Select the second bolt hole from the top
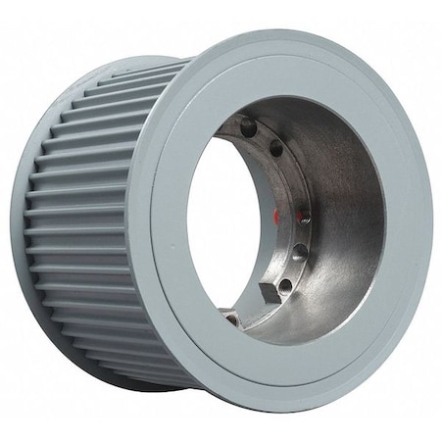coord(276,149)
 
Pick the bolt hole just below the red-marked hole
coord(300,252)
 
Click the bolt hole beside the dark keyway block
coord(285,285)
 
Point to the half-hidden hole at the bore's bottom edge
coord(231,318)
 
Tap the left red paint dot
coord(277,213)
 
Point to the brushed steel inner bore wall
coord(343,216)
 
